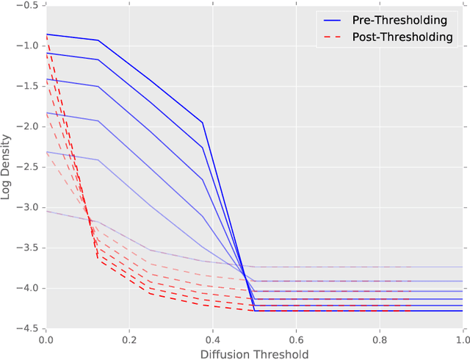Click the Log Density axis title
pos(10,167)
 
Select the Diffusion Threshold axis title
pos(254,353)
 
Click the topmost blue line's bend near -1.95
pos(203,123)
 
